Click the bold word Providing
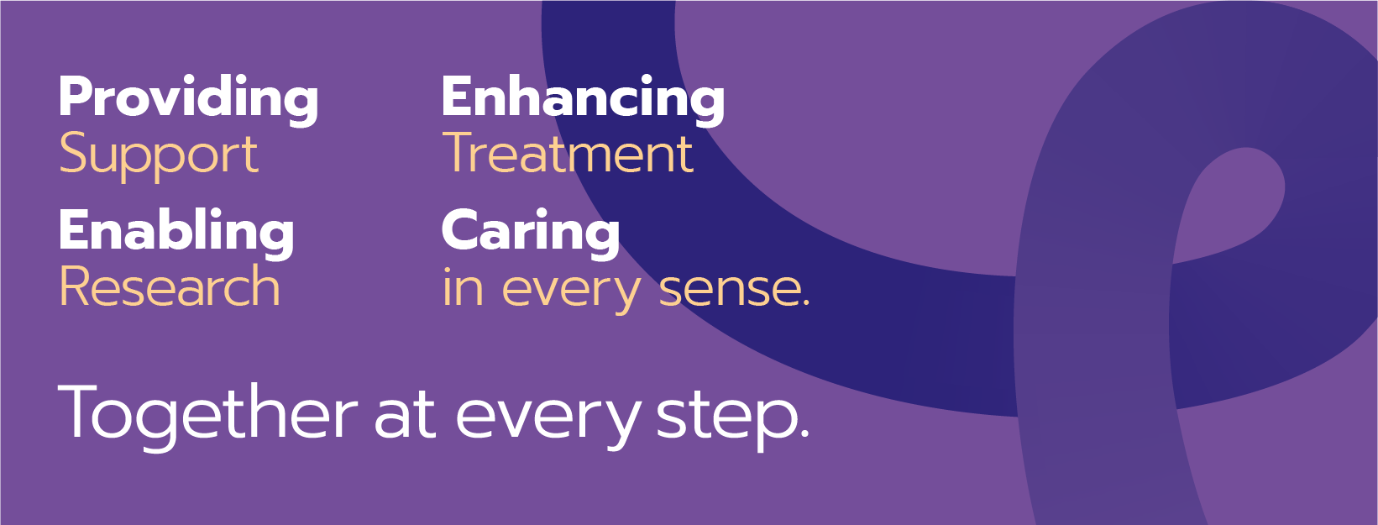coord(189,100)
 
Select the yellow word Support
coord(159,156)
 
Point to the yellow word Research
coord(170,286)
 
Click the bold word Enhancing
coord(583,100)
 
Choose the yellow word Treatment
coord(568,153)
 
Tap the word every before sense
coord(572,293)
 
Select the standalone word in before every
coord(463,286)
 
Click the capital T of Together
coord(79,411)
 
